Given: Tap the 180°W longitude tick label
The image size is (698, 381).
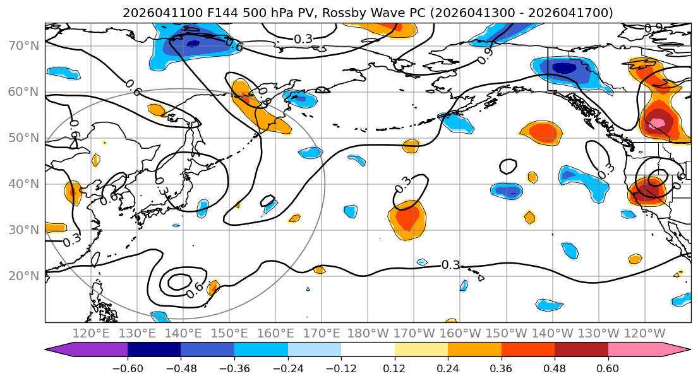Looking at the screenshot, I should (368, 333).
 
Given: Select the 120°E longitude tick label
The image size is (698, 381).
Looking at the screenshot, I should (91, 333).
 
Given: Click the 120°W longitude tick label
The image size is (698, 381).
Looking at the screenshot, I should (644, 333).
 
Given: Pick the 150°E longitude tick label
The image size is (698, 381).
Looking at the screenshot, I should (229, 333).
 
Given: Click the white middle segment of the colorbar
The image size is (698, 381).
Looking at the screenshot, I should (368, 351).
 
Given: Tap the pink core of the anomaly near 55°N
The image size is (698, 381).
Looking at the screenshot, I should (659, 122).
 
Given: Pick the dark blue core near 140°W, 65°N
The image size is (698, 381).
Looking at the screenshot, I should (564, 67).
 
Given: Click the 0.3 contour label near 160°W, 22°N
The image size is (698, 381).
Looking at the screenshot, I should (450, 265).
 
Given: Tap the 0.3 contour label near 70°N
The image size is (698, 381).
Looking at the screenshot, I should (303, 39).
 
